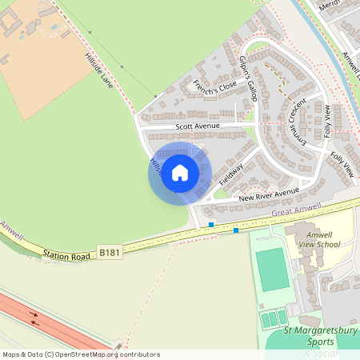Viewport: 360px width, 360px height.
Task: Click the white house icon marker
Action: coord(180,172)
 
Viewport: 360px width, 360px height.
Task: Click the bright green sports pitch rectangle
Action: coord(271,270)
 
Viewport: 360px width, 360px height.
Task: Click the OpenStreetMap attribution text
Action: coord(80,354)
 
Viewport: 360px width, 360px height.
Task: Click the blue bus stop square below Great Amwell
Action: coord(236,231)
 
